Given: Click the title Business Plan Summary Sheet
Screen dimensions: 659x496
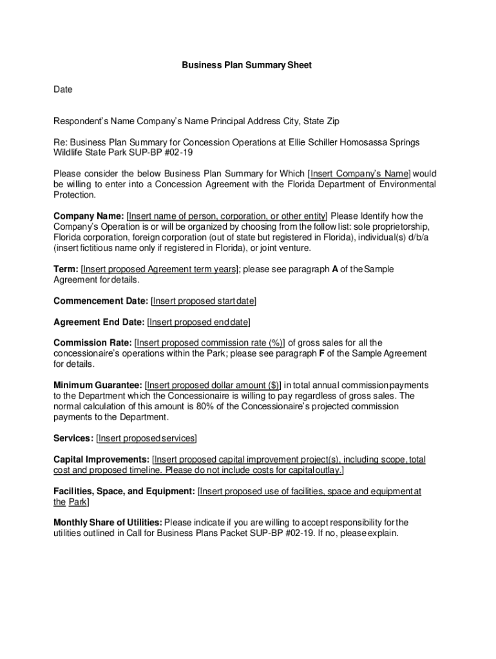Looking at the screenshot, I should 247,65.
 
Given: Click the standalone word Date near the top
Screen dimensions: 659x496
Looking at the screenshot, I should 62,89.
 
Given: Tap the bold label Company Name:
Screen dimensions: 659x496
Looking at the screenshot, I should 88,216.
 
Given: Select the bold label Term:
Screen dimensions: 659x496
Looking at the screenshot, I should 66,269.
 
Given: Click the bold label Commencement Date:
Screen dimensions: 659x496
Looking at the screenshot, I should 100,301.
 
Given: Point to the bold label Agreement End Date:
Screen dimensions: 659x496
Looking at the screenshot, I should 99,322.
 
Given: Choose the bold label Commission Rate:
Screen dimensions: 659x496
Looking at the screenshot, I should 93,342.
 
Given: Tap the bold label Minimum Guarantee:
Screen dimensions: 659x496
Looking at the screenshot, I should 98,385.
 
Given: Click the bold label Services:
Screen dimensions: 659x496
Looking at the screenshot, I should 73,438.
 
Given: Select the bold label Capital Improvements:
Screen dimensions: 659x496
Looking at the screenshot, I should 101,459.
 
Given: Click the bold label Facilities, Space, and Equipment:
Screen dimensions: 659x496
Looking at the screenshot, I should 124,491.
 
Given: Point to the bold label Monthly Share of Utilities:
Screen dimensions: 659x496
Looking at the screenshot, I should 108,523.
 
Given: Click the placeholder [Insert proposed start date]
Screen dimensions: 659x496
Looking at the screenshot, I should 204,301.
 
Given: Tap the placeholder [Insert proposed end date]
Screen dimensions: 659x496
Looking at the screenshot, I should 198,322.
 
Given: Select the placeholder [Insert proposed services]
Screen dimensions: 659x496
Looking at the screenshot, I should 147,438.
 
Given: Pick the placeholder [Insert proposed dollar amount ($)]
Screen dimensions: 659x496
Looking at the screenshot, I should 213,385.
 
